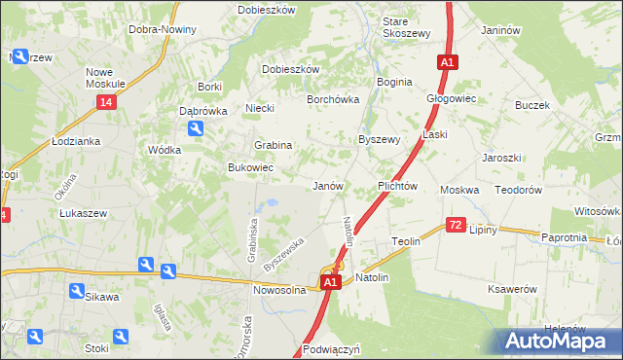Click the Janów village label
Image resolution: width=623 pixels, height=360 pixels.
327,185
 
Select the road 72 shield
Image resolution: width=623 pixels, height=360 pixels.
456,225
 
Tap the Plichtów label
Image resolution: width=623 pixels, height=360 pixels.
397,185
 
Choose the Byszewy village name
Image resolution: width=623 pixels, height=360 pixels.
380,139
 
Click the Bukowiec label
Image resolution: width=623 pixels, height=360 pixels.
250,168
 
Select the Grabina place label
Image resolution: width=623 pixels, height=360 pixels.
274,145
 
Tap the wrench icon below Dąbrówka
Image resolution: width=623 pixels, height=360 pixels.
196,127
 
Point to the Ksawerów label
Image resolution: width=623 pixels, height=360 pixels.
513,289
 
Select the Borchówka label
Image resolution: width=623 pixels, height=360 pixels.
334,99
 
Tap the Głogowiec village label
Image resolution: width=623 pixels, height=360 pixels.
451,98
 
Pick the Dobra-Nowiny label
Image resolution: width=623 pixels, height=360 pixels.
163,29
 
